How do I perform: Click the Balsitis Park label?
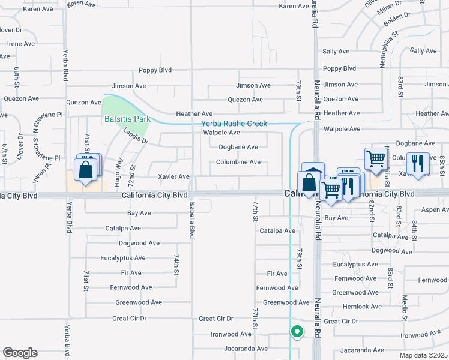[127, 119]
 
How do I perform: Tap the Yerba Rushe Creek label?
[234, 124]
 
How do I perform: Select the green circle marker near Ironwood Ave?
[297, 331]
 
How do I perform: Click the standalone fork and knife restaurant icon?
[417, 163]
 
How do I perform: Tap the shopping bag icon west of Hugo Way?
[86, 169]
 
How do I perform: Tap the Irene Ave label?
[21, 44]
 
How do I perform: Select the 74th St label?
[177, 264]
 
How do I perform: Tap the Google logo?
[20, 353]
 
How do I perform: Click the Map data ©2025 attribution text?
[423, 355]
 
